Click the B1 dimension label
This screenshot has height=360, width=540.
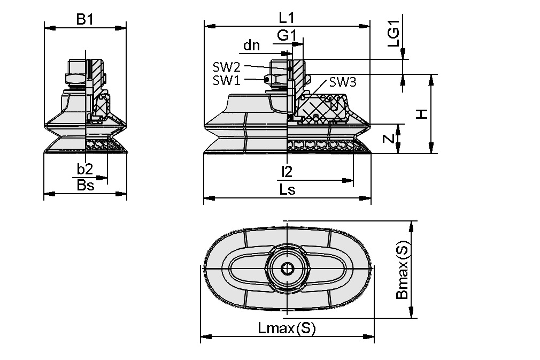point(84,19)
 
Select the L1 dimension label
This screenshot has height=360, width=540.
point(287,18)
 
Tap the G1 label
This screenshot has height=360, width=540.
point(287,36)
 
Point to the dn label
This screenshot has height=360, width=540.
point(251,46)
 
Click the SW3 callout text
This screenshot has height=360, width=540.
point(342,82)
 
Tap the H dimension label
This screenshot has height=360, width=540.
point(422,114)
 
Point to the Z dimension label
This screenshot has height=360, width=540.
point(390,139)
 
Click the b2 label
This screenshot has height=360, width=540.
point(85,170)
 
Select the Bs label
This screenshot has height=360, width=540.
point(85,185)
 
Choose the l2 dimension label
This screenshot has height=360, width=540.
point(287,172)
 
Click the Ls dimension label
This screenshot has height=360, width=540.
point(287,190)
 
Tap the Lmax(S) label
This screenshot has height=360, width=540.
point(287,328)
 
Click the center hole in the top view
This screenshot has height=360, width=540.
point(287,269)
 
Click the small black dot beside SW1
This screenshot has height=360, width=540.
point(266,80)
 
